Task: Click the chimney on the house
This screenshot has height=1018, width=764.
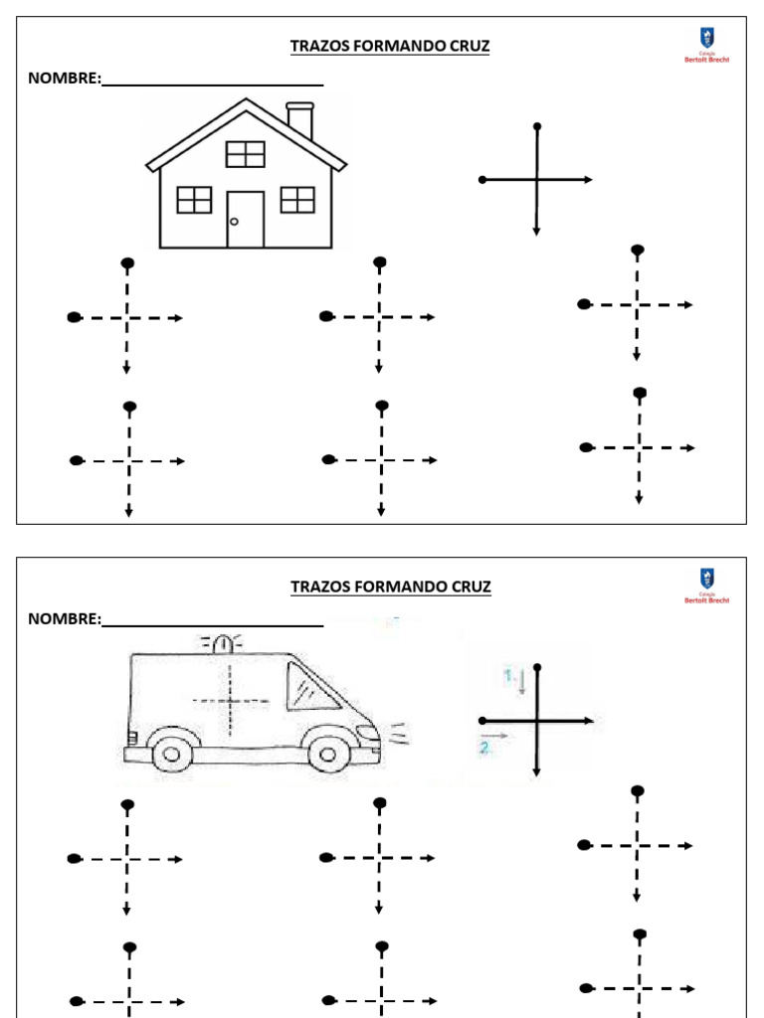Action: (299, 119)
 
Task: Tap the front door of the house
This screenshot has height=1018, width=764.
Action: (245, 219)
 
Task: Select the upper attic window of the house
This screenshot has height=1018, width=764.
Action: (245, 154)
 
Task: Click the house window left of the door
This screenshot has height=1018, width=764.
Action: (194, 200)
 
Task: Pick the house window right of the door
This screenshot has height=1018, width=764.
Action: (297, 200)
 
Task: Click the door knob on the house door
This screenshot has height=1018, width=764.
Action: (234, 222)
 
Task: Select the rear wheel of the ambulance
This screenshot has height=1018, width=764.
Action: (171, 753)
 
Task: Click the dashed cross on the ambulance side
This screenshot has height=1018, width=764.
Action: (231, 701)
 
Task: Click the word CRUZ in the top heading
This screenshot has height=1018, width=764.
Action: (467, 47)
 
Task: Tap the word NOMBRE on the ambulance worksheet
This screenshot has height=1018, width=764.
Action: (64, 619)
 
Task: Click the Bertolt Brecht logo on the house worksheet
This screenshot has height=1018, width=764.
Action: (706, 46)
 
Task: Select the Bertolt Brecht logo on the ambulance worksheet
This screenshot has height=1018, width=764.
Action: (706, 586)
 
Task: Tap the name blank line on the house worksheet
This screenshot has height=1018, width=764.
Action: (213, 84)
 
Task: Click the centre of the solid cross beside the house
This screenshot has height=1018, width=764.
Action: (537, 180)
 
